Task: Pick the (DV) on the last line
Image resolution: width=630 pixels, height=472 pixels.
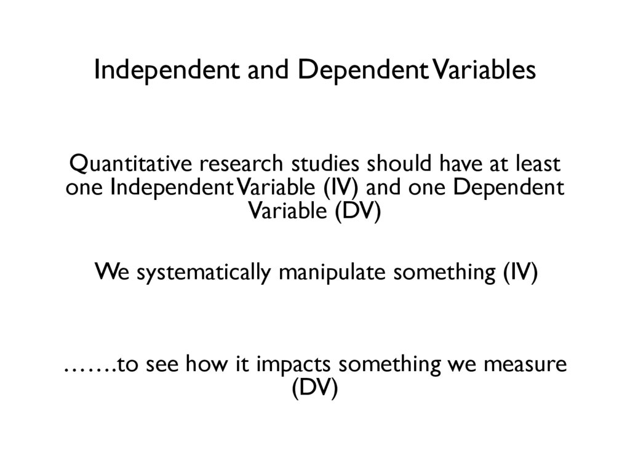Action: click(314, 389)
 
